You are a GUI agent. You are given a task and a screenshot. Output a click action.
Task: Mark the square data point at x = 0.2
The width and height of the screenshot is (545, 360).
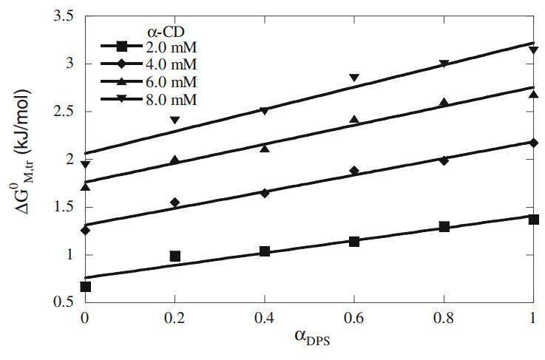pos(175,256)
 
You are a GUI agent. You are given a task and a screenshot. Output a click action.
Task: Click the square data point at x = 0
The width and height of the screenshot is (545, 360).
pos(85,286)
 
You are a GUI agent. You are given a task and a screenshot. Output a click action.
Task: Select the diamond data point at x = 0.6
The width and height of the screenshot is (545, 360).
pos(354,171)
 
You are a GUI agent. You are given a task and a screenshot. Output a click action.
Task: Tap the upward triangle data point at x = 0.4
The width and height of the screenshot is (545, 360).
pos(265,148)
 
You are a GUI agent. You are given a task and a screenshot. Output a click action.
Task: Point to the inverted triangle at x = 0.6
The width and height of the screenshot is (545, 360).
pos(354,78)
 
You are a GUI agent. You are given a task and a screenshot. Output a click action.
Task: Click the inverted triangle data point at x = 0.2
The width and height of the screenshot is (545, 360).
pos(175,120)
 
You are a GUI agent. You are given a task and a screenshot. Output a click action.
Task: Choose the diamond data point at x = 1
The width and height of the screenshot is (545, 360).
pos(533,142)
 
